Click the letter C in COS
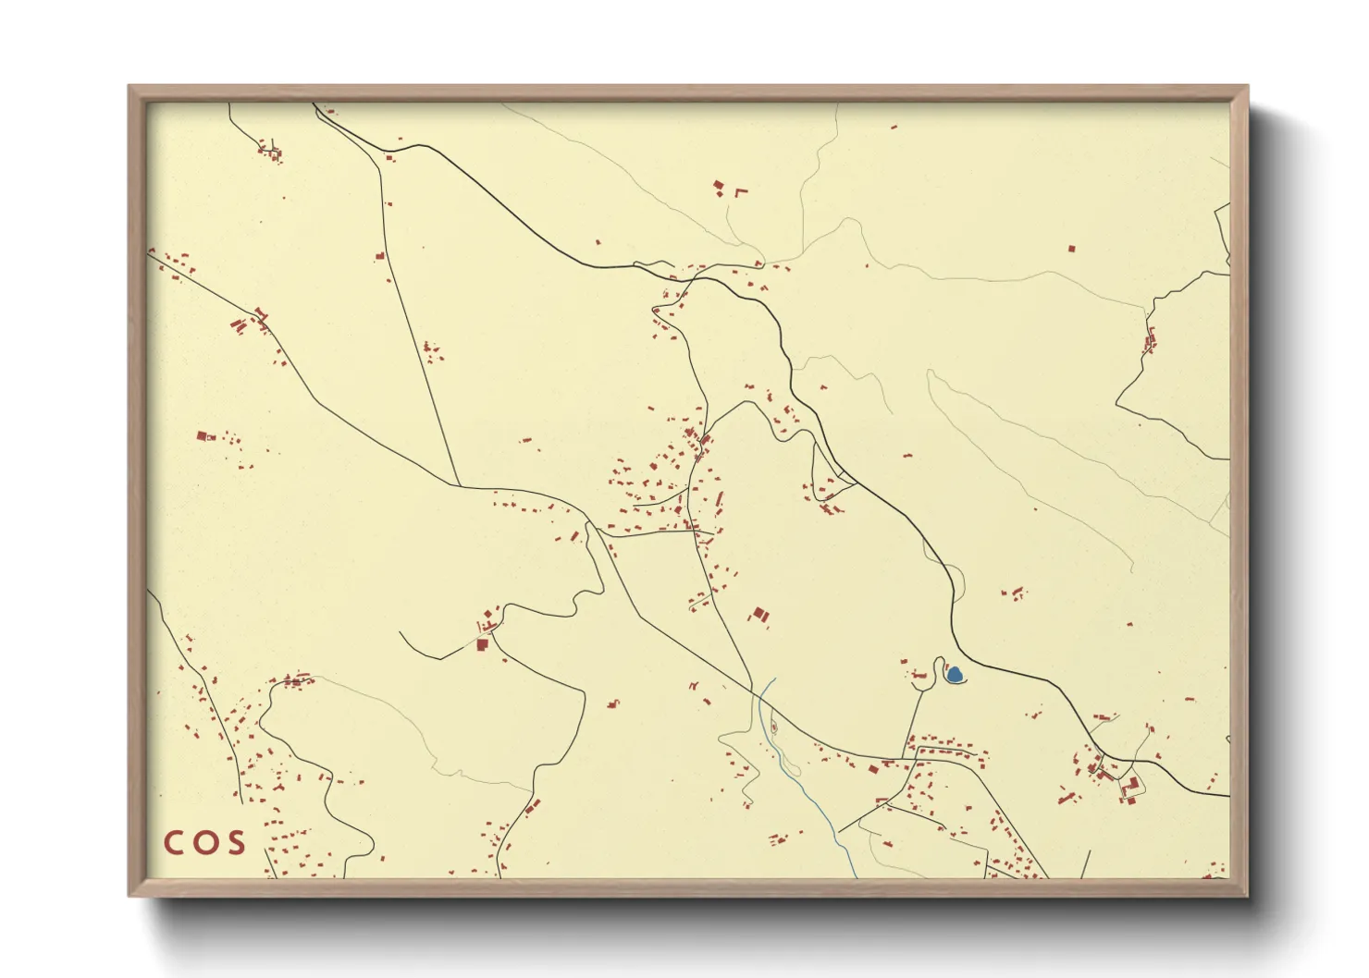[x=175, y=842]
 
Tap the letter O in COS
[x=205, y=842]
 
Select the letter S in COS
[x=235, y=842]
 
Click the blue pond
[x=954, y=676]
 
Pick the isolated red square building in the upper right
[x=1072, y=248]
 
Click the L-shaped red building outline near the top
[x=740, y=191]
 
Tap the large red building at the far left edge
[x=202, y=434]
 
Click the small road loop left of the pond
[x=938, y=669]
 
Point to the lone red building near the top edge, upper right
[x=894, y=126]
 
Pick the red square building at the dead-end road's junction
[x=482, y=643]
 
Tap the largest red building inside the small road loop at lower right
[x=1132, y=783]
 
